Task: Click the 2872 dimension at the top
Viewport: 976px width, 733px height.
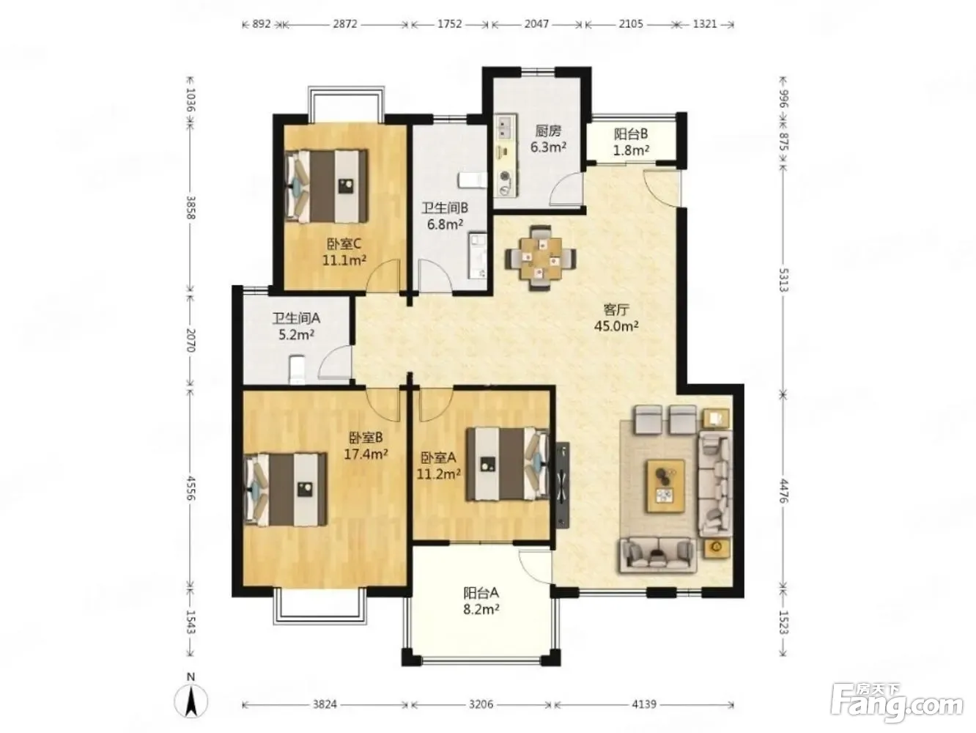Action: coord(345,24)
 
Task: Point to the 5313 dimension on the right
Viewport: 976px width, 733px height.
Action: coord(783,280)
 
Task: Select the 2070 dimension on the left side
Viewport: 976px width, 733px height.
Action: coord(191,340)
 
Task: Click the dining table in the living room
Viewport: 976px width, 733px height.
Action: coord(540,259)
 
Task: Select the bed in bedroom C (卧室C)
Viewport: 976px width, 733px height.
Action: coord(326,186)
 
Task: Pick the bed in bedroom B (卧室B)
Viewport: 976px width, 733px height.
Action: coord(285,489)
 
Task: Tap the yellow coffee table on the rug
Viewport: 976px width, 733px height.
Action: coord(665,487)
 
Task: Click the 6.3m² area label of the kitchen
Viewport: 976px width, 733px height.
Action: coord(548,147)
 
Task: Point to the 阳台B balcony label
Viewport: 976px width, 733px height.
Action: coord(630,134)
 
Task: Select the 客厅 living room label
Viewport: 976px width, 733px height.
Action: coord(616,309)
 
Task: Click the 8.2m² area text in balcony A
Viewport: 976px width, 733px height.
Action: coord(481,609)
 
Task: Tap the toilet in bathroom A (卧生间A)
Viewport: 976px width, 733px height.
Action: coord(297,369)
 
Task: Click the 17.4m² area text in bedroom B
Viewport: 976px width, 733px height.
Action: coord(366,454)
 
